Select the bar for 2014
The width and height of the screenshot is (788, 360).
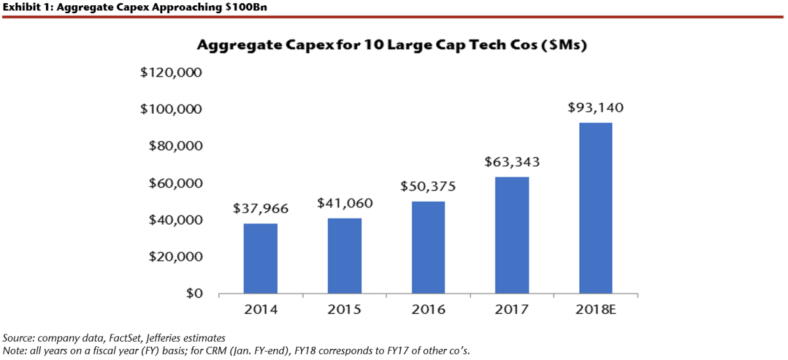tap(260, 258)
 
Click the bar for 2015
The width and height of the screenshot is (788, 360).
tap(344, 256)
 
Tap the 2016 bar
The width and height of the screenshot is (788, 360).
tap(428, 247)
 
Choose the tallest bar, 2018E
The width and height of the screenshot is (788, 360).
tap(596, 208)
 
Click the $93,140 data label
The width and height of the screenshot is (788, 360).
tap(596, 108)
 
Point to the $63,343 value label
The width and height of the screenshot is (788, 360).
tap(512, 162)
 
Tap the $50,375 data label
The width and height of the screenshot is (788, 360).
tap(428, 186)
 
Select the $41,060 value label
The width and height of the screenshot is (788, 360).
tap(344, 203)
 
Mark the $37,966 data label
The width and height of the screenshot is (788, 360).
tap(260, 209)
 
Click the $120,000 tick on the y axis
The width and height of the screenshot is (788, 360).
tap(170, 72)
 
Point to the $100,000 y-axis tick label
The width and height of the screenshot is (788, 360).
tap(170, 109)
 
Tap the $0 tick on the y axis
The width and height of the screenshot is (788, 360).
tap(190, 293)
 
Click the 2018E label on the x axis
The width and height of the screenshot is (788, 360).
tap(596, 309)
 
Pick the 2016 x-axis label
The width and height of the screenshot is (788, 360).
tap(428, 309)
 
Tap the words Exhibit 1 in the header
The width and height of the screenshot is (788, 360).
tap(20, 7)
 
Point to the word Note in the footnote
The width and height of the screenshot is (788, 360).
tap(13, 350)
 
